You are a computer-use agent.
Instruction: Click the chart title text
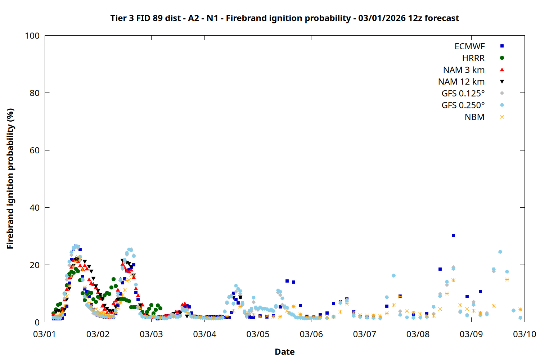click(x=284, y=18)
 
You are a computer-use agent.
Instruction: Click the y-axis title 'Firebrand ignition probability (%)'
click(x=10, y=179)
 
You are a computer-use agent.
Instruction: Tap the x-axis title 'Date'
click(x=284, y=352)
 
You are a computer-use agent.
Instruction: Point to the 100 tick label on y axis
click(x=32, y=36)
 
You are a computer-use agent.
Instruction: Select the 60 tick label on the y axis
click(x=35, y=150)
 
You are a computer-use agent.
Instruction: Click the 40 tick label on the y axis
click(x=35, y=208)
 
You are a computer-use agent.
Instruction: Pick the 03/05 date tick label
click(x=258, y=334)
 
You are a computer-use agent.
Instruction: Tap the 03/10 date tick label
click(x=525, y=334)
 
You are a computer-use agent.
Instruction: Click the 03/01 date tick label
click(x=44, y=334)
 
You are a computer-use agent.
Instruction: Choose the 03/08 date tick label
click(x=418, y=334)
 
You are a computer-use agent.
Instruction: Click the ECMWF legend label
click(x=469, y=46)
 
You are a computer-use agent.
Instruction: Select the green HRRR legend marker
click(x=502, y=58)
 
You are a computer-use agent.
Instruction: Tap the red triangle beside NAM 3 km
click(x=502, y=70)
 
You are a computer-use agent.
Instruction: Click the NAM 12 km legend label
click(x=461, y=82)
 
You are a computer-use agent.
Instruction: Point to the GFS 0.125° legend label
click(x=463, y=94)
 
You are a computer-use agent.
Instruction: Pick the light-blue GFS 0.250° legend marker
click(x=502, y=105)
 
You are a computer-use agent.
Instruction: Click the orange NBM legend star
click(x=502, y=117)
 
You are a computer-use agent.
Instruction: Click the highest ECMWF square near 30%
click(x=453, y=236)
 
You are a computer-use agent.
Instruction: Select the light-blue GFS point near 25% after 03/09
click(x=500, y=252)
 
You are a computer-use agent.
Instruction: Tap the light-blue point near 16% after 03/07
click(x=393, y=276)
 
